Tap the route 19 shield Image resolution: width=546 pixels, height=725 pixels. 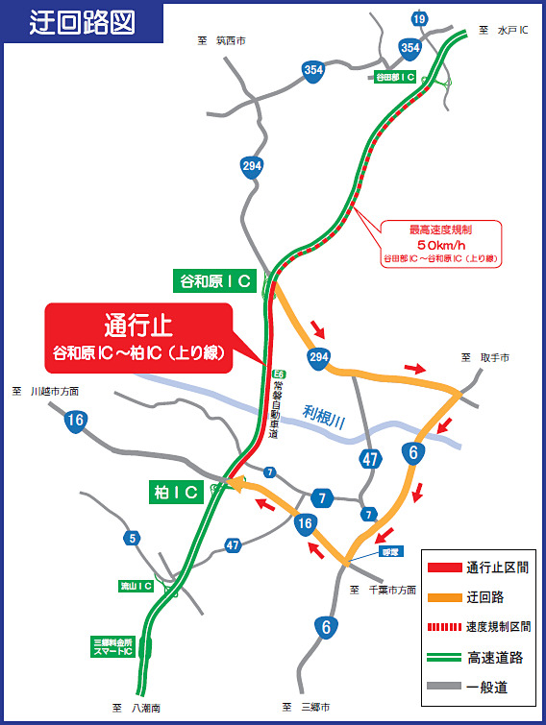[418, 19]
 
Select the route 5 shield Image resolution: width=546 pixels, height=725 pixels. [131, 538]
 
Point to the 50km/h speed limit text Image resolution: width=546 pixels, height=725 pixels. [441, 244]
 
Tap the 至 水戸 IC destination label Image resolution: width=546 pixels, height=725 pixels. [499, 31]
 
